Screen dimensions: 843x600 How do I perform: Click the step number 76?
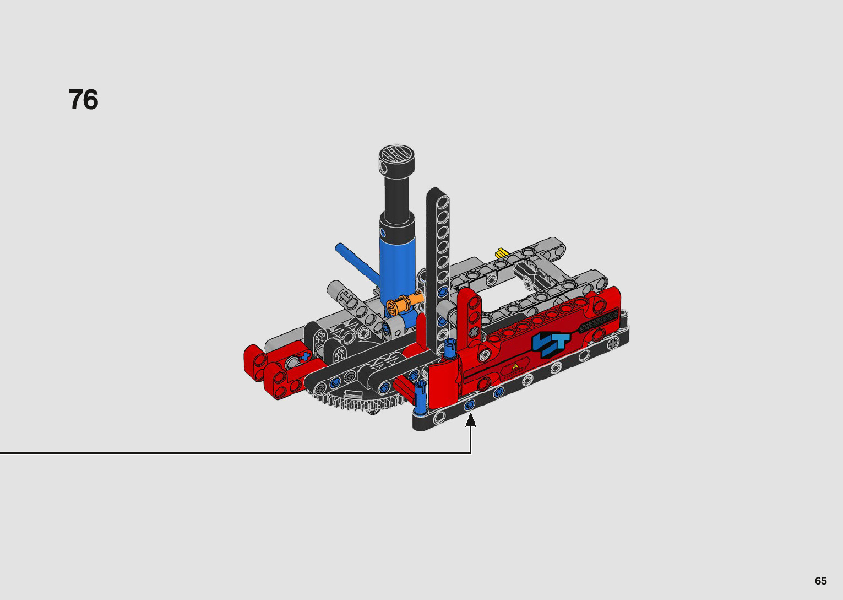[84, 99]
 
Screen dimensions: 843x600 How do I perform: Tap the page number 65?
[821, 580]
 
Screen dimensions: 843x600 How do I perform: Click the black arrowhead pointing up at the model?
[470, 420]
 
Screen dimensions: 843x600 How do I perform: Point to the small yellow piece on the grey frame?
[501, 253]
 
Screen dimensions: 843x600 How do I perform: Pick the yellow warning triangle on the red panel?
[515, 366]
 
